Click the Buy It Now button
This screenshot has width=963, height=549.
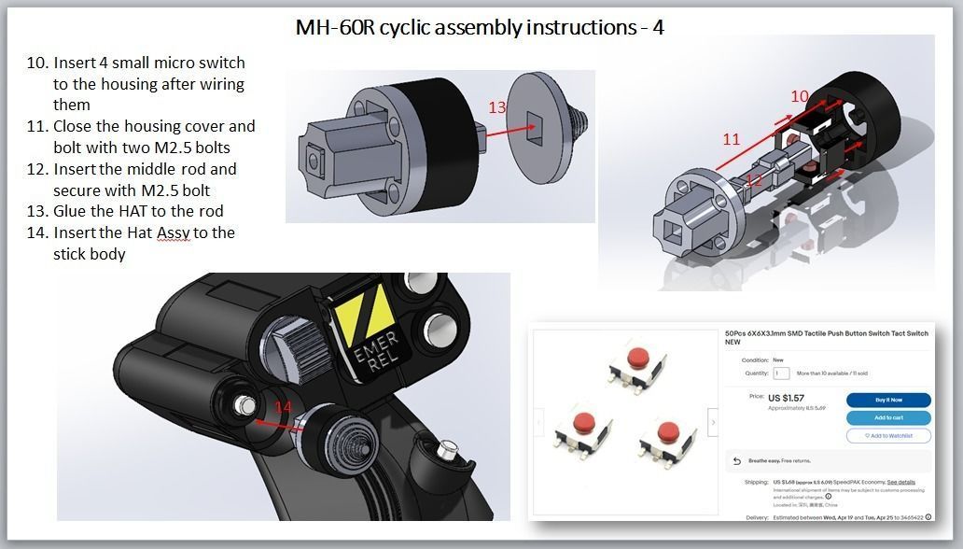point(888,400)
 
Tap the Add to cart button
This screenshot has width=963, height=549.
point(888,417)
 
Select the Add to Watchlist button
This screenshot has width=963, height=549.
point(888,436)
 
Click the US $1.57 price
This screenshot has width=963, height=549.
point(787,398)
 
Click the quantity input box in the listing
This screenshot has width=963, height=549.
point(781,373)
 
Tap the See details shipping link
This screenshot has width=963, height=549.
point(900,482)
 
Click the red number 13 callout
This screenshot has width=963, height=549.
point(497,107)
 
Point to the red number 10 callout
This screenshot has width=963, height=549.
point(800,96)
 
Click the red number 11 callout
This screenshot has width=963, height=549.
point(731,139)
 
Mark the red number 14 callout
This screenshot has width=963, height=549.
point(283,407)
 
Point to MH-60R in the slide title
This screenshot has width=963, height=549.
point(332,26)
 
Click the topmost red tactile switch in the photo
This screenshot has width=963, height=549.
point(637,359)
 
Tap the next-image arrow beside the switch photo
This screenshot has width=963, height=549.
point(714,423)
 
